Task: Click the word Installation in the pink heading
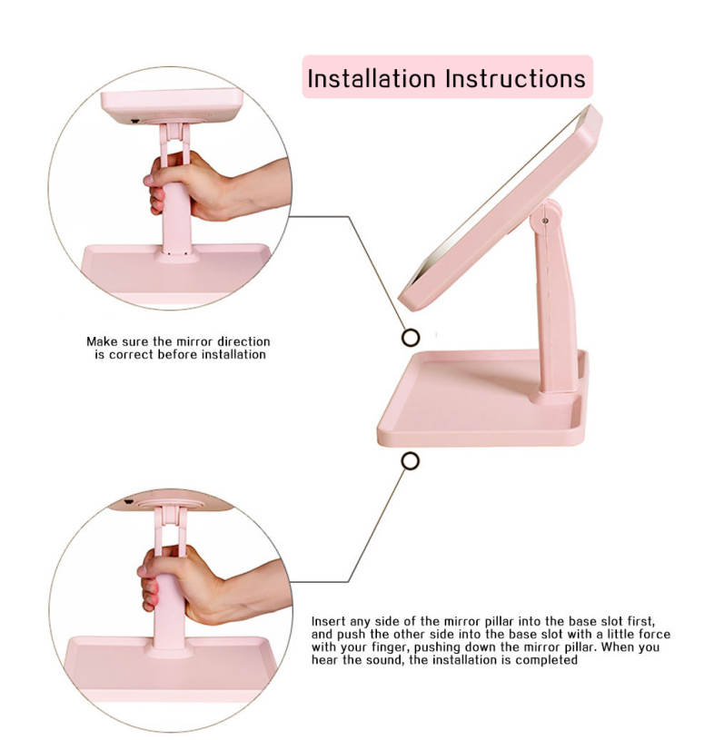pos(372,78)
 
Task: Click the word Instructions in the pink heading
pos(516,78)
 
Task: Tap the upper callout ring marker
pos(411,338)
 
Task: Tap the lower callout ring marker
pos(411,461)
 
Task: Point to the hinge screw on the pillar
pos(545,221)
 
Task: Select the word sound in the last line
pos(387,660)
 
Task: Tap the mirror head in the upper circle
pos(173,106)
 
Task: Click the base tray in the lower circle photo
pos(170,666)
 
